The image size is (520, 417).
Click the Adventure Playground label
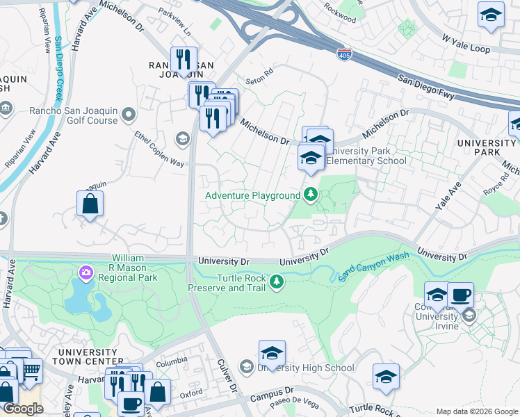(252, 195)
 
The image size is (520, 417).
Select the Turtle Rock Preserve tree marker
(277, 281)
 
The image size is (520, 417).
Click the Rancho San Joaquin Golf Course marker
(128, 114)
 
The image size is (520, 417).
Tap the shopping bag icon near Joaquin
(90, 204)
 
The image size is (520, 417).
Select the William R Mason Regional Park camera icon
(87, 271)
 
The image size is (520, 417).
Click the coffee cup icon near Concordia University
(460, 295)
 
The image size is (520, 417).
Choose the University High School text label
(306, 368)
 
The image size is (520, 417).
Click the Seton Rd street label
(260, 75)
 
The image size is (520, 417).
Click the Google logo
(22, 409)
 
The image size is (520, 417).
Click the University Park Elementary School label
(366, 156)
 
